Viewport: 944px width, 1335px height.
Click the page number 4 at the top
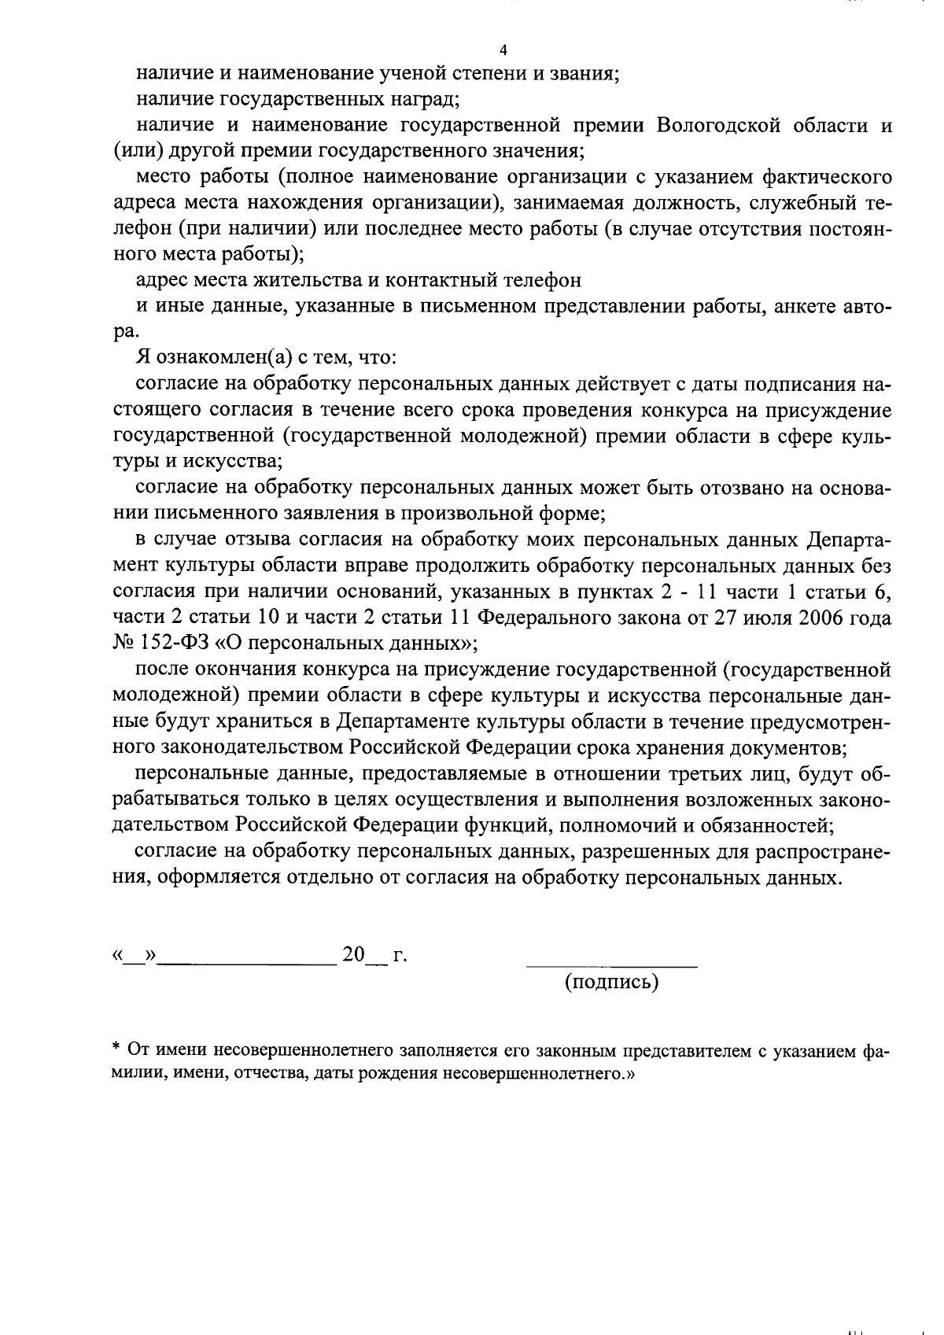503,50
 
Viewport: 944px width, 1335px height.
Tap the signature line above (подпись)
611,964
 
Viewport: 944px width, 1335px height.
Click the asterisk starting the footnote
116,1049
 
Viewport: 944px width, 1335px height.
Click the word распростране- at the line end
823,851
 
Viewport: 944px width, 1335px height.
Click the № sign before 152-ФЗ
125,643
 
